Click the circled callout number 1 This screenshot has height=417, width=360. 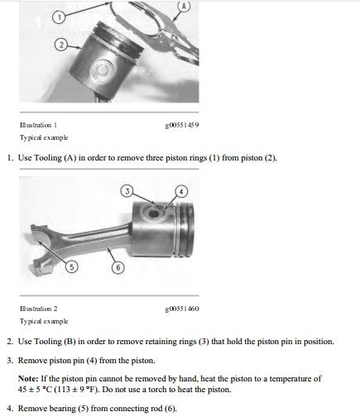tap(59, 17)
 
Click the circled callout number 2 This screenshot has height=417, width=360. tap(61, 45)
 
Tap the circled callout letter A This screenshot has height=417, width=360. tap(185, 6)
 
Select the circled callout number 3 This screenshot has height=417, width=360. tap(127, 191)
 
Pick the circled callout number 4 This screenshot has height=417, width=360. tap(181, 191)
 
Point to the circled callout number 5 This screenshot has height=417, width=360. tap(71, 267)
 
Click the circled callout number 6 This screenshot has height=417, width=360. tap(118, 267)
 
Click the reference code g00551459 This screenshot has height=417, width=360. tap(182, 125)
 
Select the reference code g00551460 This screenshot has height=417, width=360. tap(182, 309)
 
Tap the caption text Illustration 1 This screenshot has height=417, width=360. tap(38, 125)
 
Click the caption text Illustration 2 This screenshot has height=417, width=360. tap(38, 309)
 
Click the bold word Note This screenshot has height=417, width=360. tap(28, 378)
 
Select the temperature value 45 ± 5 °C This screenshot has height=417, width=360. tap(35, 390)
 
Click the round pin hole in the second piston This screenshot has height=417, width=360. tap(154, 213)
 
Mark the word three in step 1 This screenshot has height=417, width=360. tap(155, 158)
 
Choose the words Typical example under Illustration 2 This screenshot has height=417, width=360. tap(44, 321)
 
